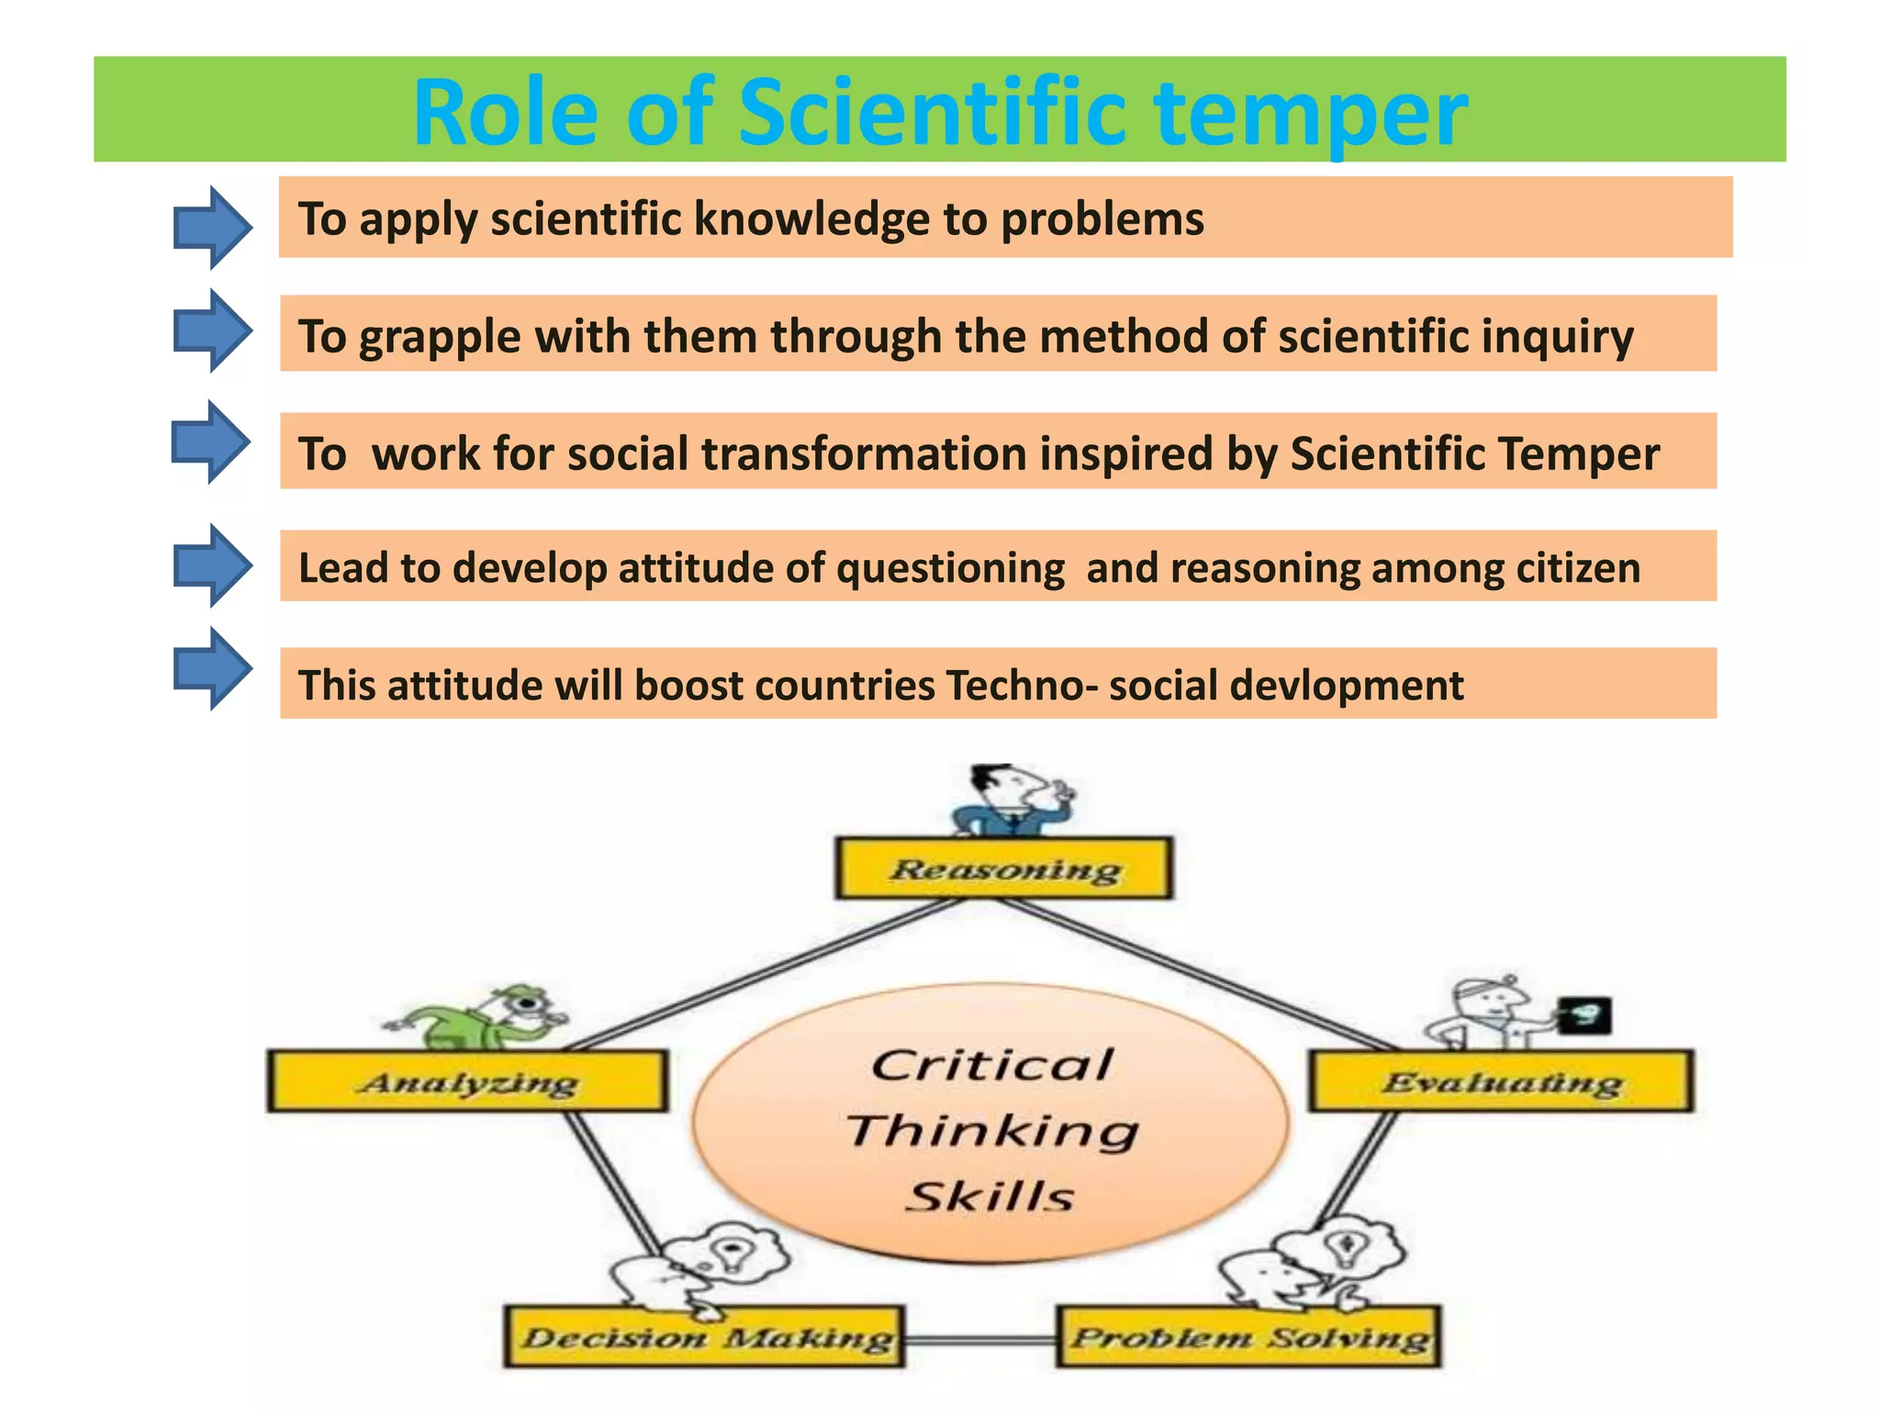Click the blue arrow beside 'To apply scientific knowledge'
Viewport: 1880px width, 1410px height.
(x=212, y=227)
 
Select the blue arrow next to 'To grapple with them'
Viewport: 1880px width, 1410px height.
(x=212, y=330)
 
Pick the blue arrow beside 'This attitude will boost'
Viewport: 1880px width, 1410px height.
(x=212, y=668)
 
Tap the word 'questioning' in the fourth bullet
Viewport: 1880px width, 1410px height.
(x=950, y=567)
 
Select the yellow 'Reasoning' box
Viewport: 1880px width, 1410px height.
(x=1003, y=867)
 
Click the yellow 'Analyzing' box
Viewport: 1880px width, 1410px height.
(x=467, y=1081)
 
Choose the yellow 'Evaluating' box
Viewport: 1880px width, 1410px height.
(x=1501, y=1081)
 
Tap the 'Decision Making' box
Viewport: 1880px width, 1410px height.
(x=705, y=1337)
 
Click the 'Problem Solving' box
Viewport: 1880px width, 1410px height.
(x=1248, y=1337)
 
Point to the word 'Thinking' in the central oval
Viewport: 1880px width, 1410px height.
(x=991, y=1130)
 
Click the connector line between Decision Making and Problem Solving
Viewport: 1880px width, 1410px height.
(x=980, y=1340)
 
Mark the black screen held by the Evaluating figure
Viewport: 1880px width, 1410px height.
(x=1586, y=1015)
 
